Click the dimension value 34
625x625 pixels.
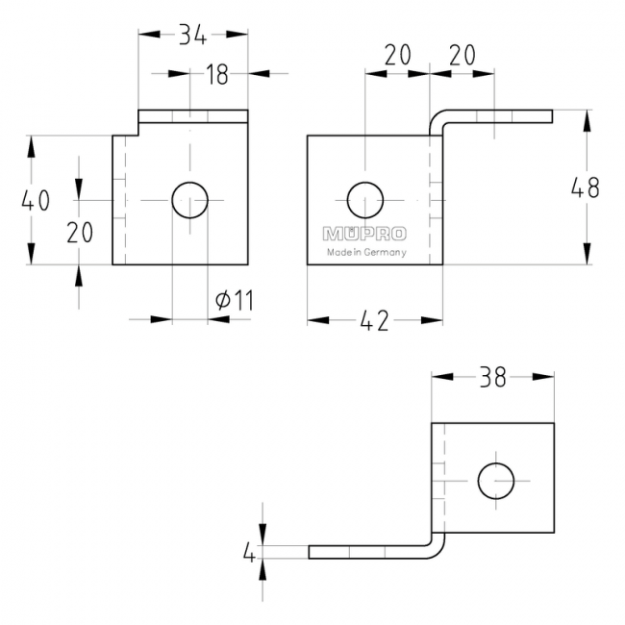tap(192, 35)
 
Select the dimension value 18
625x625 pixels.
tap(217, 74)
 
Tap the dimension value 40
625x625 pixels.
tap(36, 200)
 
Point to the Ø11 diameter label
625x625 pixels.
tap(235, 300)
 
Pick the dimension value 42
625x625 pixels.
tap(375, 321)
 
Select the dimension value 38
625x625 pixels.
tap(492, 378)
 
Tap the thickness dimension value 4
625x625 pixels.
tap(249, 553)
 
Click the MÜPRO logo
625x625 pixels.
tap(364, 234)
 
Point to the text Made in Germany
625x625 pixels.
tap(366, 253)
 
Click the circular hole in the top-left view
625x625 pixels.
tap(189, 200)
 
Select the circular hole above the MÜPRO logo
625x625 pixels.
tap(364, 200)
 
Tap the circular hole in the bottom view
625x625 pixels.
tap(495, 480)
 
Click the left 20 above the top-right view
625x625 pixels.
tap(397, 55)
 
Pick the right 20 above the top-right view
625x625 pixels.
tap(462, 55)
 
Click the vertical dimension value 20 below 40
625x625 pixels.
tap(80, 232)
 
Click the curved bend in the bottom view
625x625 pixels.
tap(437, 545)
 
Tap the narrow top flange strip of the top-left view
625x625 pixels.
tap(192, 116)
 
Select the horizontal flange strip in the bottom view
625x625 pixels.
tap(365, 552)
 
